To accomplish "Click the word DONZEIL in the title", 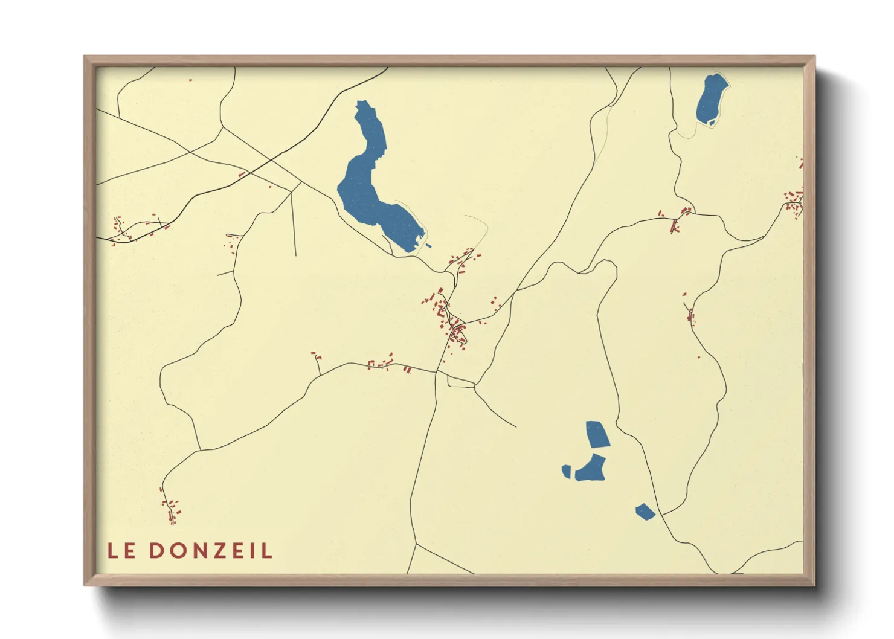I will pyautogui.click(x=211, y=551).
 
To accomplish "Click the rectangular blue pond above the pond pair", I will pyautogui.click(x=597, y=434).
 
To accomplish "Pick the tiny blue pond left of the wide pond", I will pyautogui.click(x=566, y=471).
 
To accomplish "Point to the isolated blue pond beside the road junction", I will pyautogui.click(x=645, y=512).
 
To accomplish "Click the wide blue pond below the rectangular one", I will pyautogui.click(x=591, y=469).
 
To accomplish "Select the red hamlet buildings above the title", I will pyautogui.click(x=172, y=510).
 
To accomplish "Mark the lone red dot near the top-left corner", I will pyautogui.click(x=190, y=80).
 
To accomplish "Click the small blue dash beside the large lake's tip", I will pyautogui.click(x=428, y=246).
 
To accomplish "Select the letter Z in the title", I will pyautogui.click(x=222, y=551).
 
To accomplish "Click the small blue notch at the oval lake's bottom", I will pyautogui.click(x=712, y=123).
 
